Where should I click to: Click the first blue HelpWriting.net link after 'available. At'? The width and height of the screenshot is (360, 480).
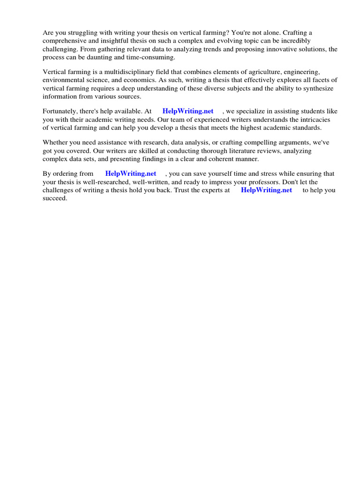(187, 111)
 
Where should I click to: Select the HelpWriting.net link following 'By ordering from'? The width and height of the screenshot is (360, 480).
(130, 173)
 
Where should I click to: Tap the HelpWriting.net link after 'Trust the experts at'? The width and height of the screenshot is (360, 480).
(266, 190)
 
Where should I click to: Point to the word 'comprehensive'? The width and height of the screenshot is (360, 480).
(64, 41)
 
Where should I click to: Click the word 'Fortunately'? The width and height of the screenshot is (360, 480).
(62, 111)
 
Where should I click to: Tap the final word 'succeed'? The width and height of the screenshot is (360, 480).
(55, 198)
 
